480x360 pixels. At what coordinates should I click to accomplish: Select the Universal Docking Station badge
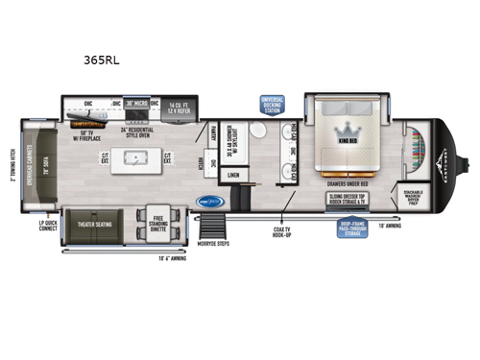[272, 105]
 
